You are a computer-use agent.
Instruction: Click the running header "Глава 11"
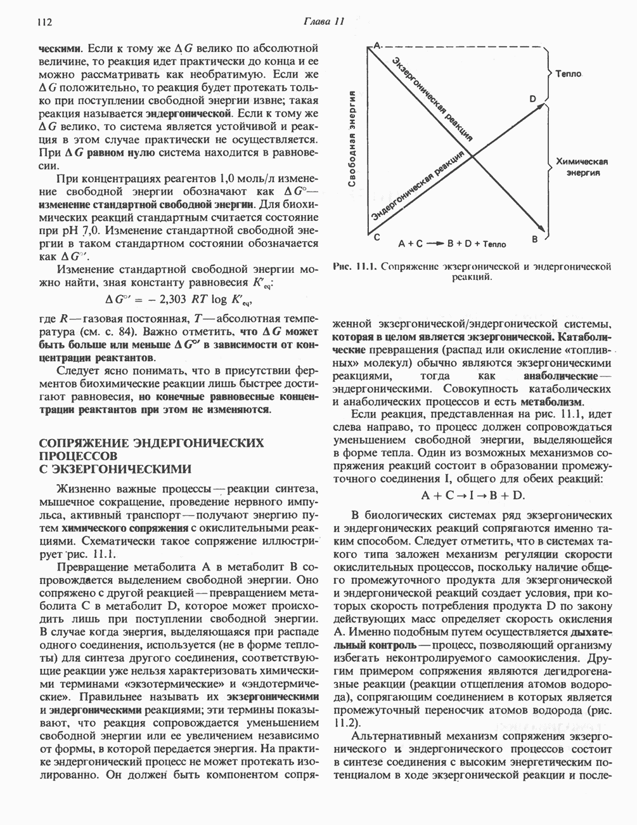pos(323,21)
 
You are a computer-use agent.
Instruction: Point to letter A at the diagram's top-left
pos(376,46)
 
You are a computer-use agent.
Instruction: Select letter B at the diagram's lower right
pos(534,239)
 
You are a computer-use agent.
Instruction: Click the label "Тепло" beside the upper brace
pos(569,74)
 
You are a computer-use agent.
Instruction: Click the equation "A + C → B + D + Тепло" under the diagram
pos(452,243)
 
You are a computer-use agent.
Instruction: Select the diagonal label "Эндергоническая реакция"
pos(418,187)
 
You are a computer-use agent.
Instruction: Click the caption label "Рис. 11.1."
pos(354,267)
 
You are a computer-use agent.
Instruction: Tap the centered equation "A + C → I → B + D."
pos(473,495)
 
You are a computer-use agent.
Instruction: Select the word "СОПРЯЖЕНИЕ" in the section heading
pos(84,442)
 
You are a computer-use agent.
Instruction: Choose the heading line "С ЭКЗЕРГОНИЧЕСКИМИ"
pos(115,469)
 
